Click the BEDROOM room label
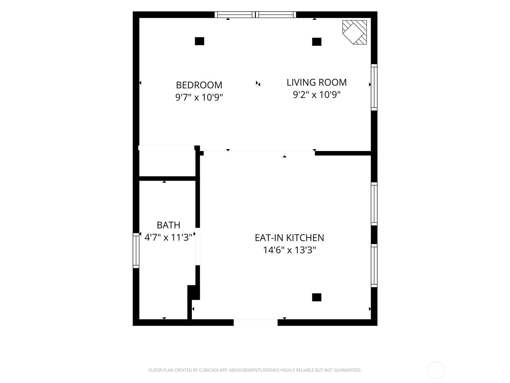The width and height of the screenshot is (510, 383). click(199, 85)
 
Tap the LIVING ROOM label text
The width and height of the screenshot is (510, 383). click(317, 82)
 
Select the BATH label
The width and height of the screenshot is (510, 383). click(168, 225)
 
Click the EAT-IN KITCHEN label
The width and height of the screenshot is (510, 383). click(289, 238)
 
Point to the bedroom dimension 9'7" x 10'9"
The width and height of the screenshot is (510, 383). click(199, 97)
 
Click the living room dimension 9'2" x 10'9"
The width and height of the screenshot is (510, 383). click(317, 95)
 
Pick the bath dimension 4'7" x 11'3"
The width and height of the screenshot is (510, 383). click(168, 237)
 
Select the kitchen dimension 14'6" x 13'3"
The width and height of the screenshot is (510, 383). click(289, 250)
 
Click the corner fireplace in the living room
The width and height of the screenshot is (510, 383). click(354, 32)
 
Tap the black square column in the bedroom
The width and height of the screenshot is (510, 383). click(199, 41)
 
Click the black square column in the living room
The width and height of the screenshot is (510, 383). click(317, 41)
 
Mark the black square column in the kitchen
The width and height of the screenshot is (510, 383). click(317, 297)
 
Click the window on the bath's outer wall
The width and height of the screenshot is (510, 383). click(136, 251)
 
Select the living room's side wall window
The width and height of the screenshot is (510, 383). click(374, 87)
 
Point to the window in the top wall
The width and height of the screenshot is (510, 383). click(255, 15)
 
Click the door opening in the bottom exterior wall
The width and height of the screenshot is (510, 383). click(256, 322)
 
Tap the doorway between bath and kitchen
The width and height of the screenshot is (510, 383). click(198, 246)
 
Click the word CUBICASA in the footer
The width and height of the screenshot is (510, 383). click(209, 370)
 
